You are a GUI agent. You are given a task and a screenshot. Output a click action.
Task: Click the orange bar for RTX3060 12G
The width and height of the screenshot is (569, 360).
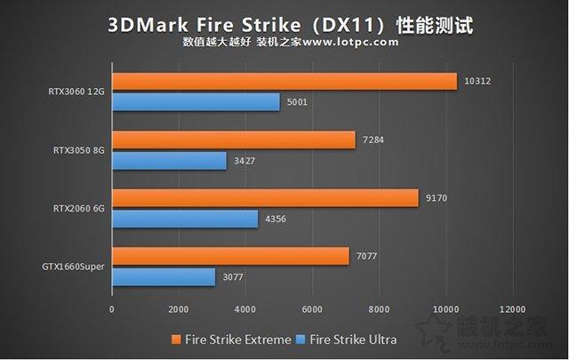point(284,81)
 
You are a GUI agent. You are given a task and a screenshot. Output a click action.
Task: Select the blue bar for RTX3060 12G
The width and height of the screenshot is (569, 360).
point(196,102)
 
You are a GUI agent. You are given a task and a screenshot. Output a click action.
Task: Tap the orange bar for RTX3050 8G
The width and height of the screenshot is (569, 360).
point(233,140)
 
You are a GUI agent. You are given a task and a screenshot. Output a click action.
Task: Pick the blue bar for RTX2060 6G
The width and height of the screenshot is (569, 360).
point(185,219)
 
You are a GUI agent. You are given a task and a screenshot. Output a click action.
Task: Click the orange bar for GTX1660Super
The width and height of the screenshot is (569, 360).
point(230,256)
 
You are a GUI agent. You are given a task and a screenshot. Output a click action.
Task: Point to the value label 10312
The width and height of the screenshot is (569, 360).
point(477,81)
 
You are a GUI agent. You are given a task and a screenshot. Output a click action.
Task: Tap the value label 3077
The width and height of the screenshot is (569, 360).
point(231,277)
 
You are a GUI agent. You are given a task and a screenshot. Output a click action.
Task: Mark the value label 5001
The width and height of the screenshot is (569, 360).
point(298,102)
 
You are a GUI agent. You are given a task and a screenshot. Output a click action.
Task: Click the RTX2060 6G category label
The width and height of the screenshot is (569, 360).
point(79,208)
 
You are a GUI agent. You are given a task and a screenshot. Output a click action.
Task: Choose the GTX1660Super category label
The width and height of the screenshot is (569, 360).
point(72,267)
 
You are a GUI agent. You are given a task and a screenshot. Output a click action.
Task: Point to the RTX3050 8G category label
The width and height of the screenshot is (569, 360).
point(79,150)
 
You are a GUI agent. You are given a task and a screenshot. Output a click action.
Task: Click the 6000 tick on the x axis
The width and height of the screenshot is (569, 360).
point(312,309)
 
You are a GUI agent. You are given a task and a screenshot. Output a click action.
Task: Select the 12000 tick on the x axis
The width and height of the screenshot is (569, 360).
point(512,309)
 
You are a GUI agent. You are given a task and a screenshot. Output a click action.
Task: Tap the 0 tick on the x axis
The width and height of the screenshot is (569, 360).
point(112,309)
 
